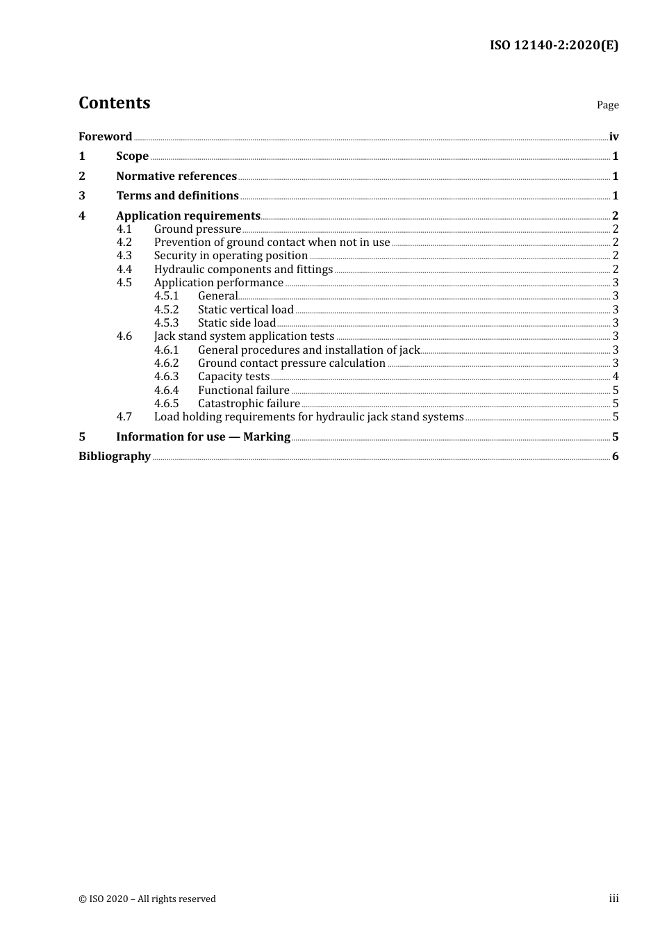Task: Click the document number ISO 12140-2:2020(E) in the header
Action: [x=554, y=46]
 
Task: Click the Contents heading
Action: [x=114, y=103]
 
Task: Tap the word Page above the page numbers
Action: [x=607, y=105]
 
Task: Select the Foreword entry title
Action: [x=105, y=137]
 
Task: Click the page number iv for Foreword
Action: [x=613, y=137]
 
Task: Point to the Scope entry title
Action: [x=132, y=156]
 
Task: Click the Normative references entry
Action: [x=176, y=177]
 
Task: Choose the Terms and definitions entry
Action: [x=177, y=196]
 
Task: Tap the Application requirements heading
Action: [x=188, y=216]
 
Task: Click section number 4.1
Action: [x=124, y=229]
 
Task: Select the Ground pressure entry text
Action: [x=197, y=229]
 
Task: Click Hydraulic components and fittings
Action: [x=243, y=270]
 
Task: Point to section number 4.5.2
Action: [x=166, y=310]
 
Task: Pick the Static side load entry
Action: [x=237, y=323]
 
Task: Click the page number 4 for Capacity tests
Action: [x=616, y=377]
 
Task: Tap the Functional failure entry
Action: [x=244, y=391]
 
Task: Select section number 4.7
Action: [x=124, y=417]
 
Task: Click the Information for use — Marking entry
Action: [x=203, y=437]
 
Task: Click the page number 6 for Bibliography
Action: [x=616, y=457]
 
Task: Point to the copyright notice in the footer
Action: [x=147, y=899]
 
